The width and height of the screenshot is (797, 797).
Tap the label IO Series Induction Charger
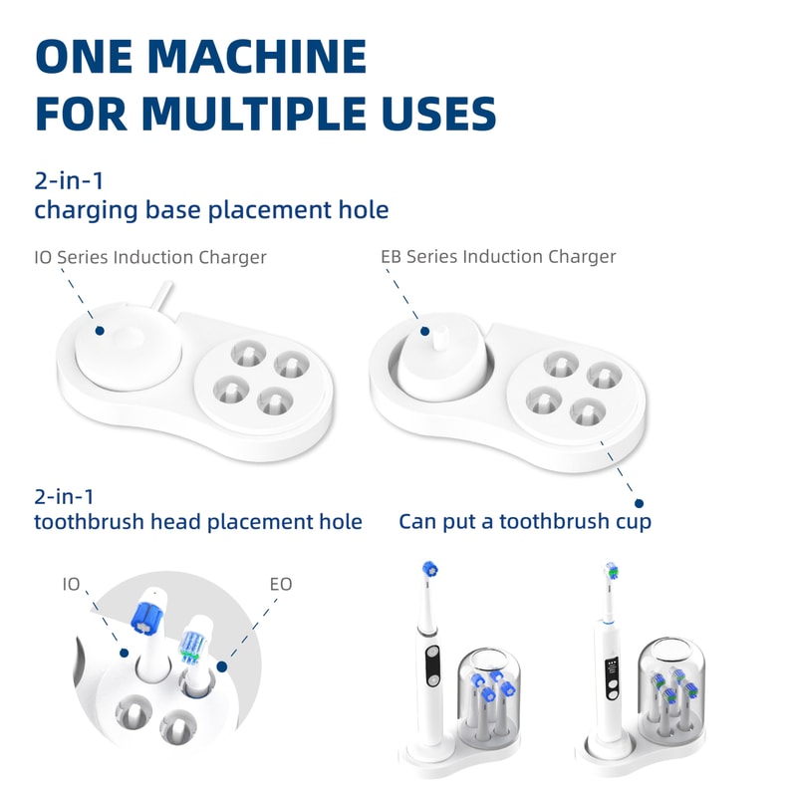coord(150,257)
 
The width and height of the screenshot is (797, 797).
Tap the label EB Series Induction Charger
coord(498,257)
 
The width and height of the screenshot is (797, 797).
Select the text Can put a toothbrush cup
coord(525,521)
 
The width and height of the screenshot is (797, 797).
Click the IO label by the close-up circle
coord(71,584)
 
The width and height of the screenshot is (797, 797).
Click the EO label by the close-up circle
coord(281,584)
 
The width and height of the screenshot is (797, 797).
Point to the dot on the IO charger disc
coord(100,330)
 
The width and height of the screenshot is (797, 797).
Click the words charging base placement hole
coord(211,211)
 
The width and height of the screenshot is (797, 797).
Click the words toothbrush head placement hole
coord(198,521)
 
